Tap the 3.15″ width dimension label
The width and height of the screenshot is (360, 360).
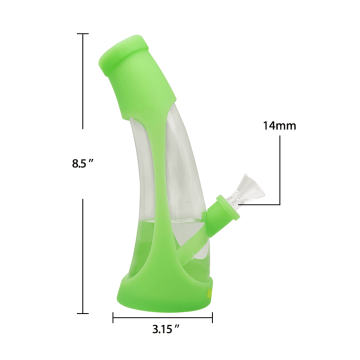click(165, 329)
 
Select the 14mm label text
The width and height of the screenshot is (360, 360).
click(279, 126)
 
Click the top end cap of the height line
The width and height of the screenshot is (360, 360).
click(82, 33)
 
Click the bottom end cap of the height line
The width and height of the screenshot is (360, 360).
click(82, 313)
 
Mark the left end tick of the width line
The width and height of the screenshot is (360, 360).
click(113, 317)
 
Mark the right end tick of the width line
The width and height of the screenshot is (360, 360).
click(212, 317)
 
